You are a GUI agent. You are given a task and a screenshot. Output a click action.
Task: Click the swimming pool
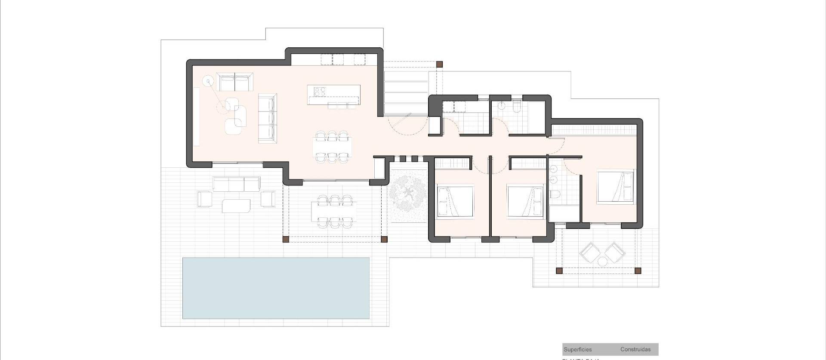276,288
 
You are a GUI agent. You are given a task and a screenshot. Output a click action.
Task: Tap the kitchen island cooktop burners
320,92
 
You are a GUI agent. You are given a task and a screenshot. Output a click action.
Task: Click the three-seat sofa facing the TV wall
267,118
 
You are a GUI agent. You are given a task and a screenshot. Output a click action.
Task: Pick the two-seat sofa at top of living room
234,82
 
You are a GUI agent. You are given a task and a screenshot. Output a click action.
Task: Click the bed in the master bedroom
615,186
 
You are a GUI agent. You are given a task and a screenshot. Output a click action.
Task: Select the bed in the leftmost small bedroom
455,201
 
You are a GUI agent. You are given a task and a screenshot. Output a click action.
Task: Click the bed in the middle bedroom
526,201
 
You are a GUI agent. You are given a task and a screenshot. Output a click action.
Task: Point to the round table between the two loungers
602,262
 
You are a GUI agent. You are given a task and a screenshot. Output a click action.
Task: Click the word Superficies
577,350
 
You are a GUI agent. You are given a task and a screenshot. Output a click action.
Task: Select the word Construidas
635,350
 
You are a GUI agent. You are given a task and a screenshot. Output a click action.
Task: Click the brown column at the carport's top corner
439,65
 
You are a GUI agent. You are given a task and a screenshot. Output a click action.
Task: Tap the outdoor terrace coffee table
236,206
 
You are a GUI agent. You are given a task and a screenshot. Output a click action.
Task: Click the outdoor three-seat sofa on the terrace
237,184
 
